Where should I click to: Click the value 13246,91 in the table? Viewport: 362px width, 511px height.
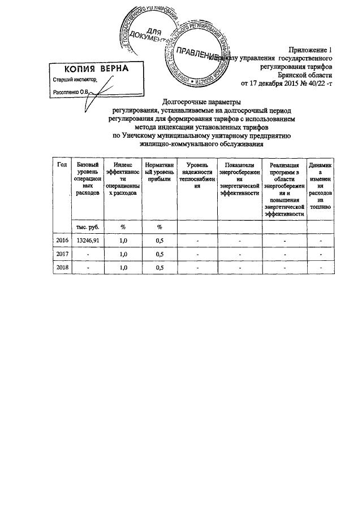(88, 241)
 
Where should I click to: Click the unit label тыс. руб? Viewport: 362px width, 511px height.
(88, 226)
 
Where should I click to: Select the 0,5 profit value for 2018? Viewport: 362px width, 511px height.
(160, 268)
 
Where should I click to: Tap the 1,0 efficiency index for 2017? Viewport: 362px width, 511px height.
(123, 255)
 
